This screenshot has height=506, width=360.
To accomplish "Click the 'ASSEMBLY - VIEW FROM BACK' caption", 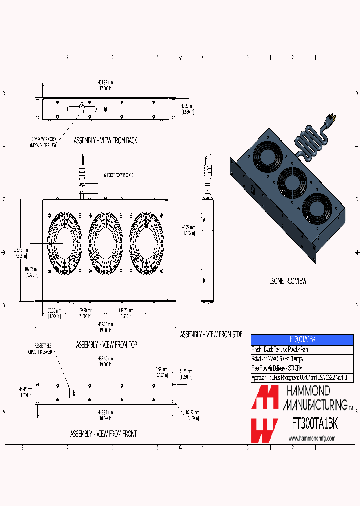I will tap(105, 141).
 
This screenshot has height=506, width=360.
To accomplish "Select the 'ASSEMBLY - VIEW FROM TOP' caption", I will tap(106, 345).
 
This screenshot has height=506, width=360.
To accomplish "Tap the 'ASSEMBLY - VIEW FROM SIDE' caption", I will tap(211, 334).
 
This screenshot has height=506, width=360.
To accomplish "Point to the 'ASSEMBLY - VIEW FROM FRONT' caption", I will tap(103, 434).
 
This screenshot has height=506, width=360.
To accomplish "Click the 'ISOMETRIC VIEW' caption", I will tap(288, 281).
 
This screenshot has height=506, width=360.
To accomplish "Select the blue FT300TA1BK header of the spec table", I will tap(302, 339).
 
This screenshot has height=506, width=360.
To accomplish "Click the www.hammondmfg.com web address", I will tap(312, 438).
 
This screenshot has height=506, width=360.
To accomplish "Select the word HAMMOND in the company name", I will tap(307, 390).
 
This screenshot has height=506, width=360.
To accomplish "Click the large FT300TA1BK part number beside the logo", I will tap(315, 424).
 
